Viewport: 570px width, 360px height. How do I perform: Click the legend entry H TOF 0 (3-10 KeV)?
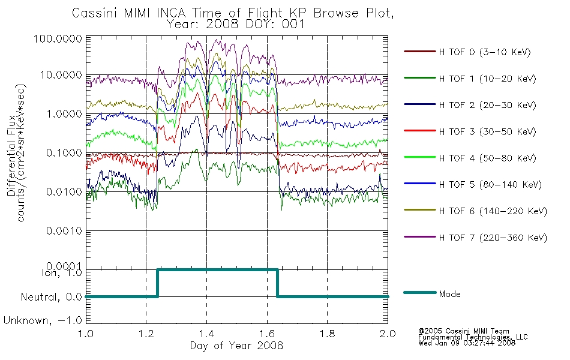click(x=485, y=52)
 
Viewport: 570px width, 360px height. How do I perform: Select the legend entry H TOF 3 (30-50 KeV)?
click(x=487, y=131)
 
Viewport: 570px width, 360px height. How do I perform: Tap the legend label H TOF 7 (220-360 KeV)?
click(x=493, y=238)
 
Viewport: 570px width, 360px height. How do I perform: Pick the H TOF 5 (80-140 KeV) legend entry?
click(x=490, y=184)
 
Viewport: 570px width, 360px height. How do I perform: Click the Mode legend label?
click(x=449, y=294)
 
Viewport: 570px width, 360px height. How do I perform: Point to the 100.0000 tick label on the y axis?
click(x=58, y=38)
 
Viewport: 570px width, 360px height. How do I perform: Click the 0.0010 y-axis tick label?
click(x=64, y=231)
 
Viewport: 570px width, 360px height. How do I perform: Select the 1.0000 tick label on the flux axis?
click(x=64, y=114)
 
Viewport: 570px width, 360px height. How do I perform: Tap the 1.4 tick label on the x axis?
click(x=206, y=334)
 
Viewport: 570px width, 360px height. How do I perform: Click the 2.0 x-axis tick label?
click(x=388, y=334)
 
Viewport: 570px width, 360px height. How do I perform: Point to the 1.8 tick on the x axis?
click(x=327, y=334)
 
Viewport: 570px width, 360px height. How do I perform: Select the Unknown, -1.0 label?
click(x=43, y=320)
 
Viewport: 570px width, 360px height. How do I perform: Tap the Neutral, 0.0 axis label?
click(x=52, y=297)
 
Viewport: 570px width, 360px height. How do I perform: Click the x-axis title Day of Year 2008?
click(x=236, y=345)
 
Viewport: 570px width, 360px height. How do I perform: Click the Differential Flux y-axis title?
click(x=11, y=155)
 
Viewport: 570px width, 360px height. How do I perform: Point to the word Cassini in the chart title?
click(x=95, y=13)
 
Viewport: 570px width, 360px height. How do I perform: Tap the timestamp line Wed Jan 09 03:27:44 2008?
click(x=467, y=343)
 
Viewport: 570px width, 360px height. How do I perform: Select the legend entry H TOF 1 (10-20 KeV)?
click(x=487, y=79)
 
